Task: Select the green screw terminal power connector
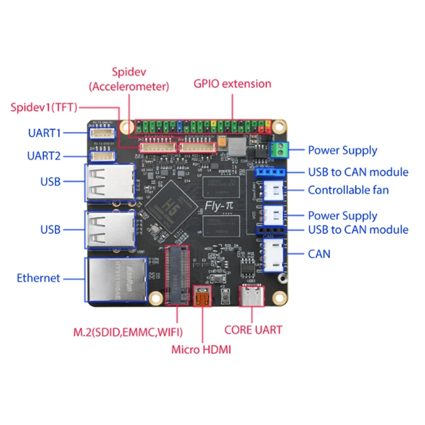click(x=279, y=150)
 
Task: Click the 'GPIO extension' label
click(x=232, y=83)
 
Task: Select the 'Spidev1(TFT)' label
click(x=44, y=107)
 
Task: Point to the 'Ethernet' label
click(x=38, y=278)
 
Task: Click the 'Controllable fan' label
click(x=348, y=190)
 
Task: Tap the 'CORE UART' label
click(x=253, y=329)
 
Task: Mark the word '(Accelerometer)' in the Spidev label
click(x=129, y=86)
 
